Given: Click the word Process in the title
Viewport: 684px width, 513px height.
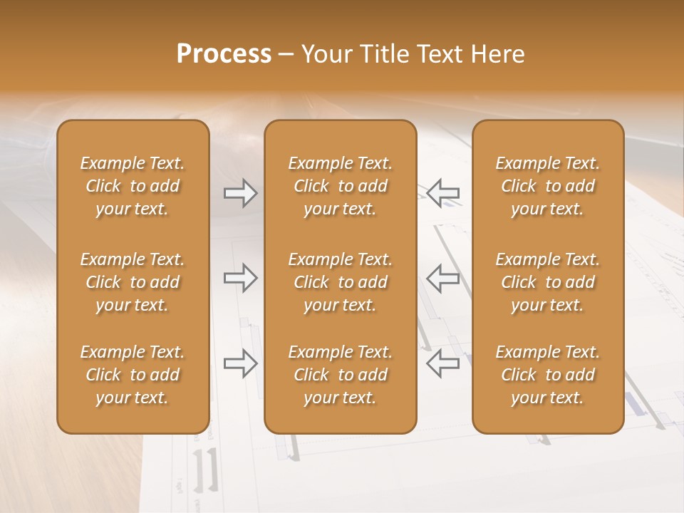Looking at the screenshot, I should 224,54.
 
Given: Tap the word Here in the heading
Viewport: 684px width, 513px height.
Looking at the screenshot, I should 498,54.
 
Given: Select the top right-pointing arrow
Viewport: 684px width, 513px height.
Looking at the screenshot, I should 241,193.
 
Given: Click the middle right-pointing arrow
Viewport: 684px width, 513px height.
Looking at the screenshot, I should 241,278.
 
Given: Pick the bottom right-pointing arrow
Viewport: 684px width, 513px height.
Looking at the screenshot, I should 241,363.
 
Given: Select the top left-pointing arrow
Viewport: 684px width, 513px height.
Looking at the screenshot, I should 443,193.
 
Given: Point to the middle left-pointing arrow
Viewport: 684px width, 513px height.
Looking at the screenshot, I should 443,278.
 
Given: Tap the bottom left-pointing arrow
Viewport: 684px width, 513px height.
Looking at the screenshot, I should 443,363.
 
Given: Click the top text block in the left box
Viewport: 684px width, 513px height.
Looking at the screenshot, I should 133,186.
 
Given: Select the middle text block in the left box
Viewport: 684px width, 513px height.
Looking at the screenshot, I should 133,282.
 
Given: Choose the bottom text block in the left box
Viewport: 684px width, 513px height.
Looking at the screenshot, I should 133,375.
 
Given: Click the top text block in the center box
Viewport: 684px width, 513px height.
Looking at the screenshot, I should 341,186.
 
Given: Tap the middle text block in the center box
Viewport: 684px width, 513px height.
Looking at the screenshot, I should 341,282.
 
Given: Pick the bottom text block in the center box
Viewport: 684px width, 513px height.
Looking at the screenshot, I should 341,375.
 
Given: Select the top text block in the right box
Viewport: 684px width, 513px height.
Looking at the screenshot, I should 548,186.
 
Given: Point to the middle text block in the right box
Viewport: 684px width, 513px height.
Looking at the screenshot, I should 548,282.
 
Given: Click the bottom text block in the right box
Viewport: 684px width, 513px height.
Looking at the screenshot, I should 548,375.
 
